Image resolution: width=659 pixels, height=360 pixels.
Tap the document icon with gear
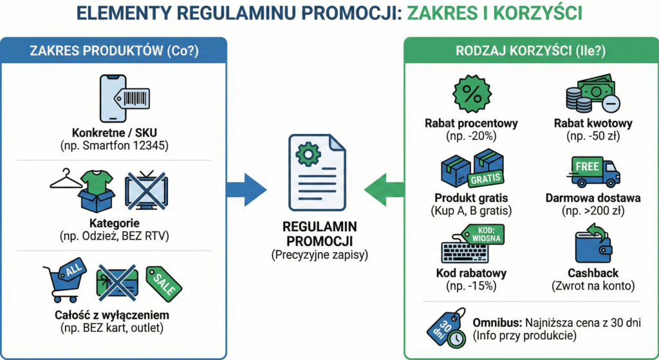315,171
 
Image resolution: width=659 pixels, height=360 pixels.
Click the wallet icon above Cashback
592,245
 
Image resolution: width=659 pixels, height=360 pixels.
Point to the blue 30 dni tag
446,326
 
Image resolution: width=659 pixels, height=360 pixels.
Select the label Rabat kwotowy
593,123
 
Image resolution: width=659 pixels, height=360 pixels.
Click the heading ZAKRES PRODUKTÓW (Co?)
113,53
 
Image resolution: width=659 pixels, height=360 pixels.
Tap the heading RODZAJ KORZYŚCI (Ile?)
532,53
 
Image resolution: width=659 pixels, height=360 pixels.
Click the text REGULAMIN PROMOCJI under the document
315,234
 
